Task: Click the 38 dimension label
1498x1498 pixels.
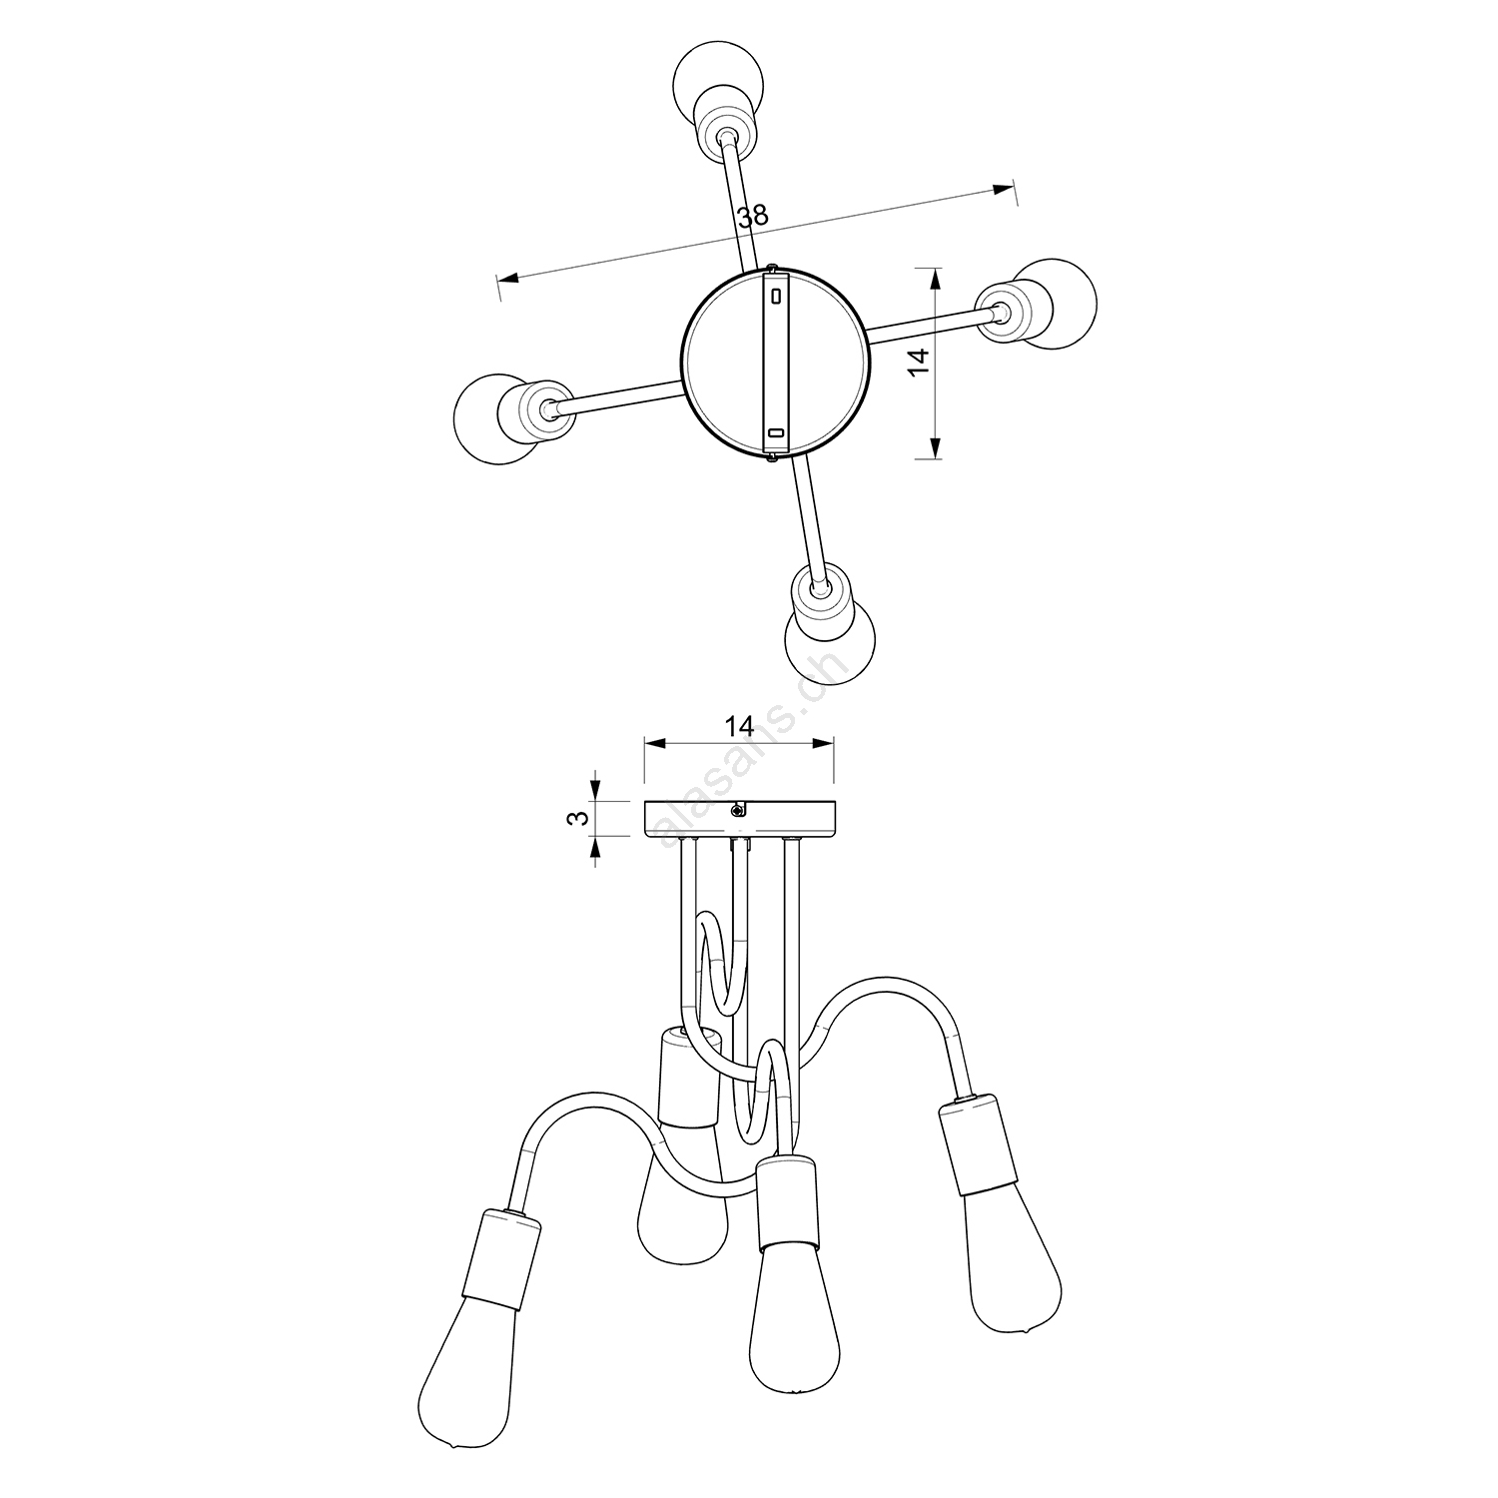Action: pyautogui.click(x=753, y=215)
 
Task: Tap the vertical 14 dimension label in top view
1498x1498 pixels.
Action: pyautogui.click(x=921, y=360)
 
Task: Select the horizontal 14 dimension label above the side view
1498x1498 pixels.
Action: pyautogui.click(x=739, y=725)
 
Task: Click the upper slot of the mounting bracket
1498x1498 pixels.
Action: pyautogui.click(x=776, y=297)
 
